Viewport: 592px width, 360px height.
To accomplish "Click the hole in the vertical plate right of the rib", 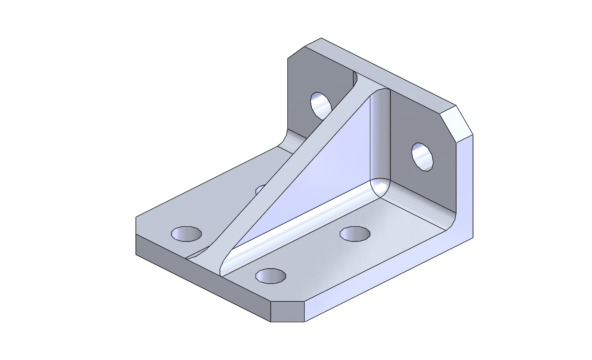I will pyautogui.click(x=422, y=157).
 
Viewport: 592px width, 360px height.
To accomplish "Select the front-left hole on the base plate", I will pyautogui.click(x=186, y=234).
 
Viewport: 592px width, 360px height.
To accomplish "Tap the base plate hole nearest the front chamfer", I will pyautogui.click(x=271, y=276).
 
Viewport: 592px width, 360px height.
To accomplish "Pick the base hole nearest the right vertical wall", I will pyautogui.click(x=355, y=234).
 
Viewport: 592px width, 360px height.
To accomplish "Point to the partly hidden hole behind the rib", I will pyautogui.click(x=260, y=190).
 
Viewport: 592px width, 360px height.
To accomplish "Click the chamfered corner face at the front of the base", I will pyautogui.click(x=287, y=311).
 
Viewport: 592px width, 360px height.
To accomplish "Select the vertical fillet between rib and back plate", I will pyautogui.click(x=380, y=134).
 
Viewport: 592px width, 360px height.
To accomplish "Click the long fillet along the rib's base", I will pyautogui.click(x=302, y=226).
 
